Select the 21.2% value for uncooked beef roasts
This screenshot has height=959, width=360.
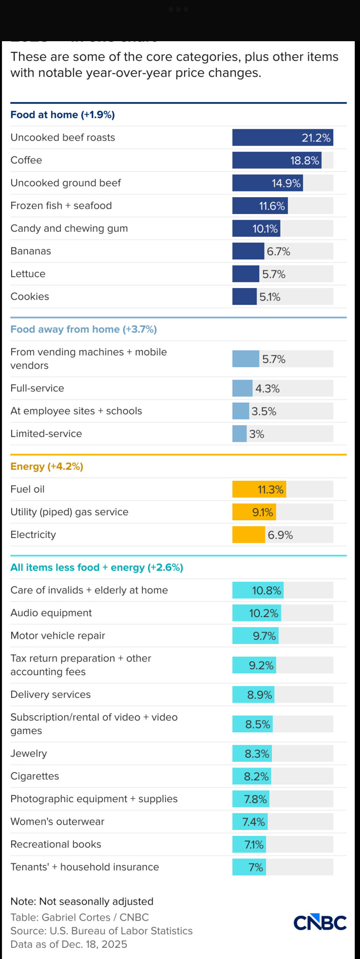(x=316, y=138)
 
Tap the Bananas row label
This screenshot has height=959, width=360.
(x=31, y=251)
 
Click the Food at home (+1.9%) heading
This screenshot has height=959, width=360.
(x=63, y=115)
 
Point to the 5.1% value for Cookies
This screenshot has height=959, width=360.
(x=270, y=297)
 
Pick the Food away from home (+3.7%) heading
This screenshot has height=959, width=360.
(x=84, y=329)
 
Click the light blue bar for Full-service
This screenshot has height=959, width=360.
(x=242, y=388)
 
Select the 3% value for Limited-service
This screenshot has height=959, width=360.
(x=257, y=434)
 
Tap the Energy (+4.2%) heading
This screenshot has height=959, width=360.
(x=47, y=466)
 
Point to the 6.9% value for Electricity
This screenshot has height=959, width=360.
(x=280, y=535)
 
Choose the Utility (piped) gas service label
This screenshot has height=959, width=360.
(x=69, y=512)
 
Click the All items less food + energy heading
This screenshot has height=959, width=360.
(x=97, y=568)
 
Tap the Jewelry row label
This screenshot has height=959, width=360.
(x=29, y=753)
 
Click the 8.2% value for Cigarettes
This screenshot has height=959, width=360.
(x=257, y=777)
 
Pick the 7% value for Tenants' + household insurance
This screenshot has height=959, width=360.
(x=256, y=868)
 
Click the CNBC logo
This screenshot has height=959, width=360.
(x=320, y=922)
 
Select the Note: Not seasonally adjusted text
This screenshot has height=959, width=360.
(x=82, y=901)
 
